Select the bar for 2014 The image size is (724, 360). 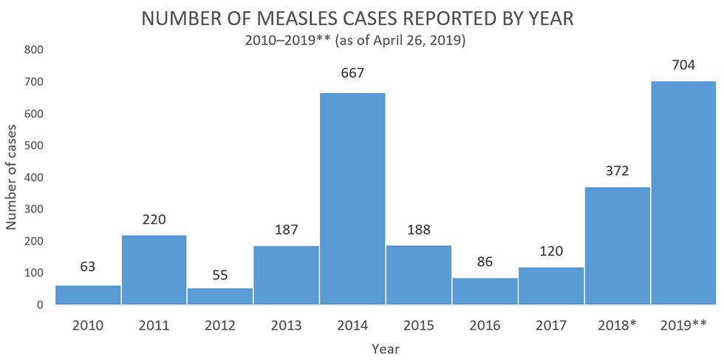(x=352, y=198)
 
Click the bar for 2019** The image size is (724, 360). (x=683, y=192)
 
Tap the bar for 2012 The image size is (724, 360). (x=220, y=296)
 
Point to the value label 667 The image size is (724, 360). (x=352, y=73)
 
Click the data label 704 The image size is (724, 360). (x=683, y=65)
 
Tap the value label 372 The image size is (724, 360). (x=617, y=171)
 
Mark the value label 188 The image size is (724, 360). (x=418, y=229)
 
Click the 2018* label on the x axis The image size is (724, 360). (x=618, y=325)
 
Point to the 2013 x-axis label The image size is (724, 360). (x=286, y=325)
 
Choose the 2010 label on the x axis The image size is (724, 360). (x=88, y=325)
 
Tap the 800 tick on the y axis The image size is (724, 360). (x=35, y=50)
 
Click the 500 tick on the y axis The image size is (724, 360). (x=35, y=146)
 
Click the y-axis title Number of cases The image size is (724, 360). (x=13, y=177)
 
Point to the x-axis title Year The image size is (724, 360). (x=386, y=347)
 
